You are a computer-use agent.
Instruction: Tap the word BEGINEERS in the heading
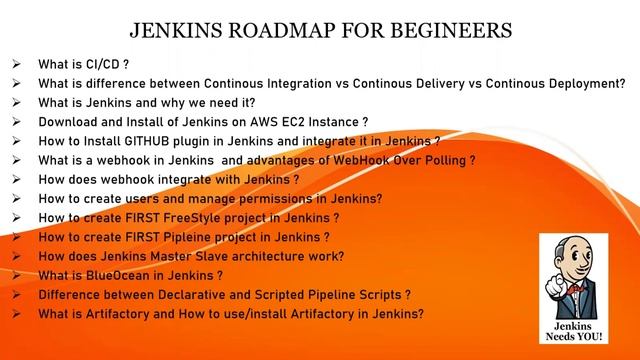(x=447, y=29)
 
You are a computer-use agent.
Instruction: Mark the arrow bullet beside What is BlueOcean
(x=17, y=275)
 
